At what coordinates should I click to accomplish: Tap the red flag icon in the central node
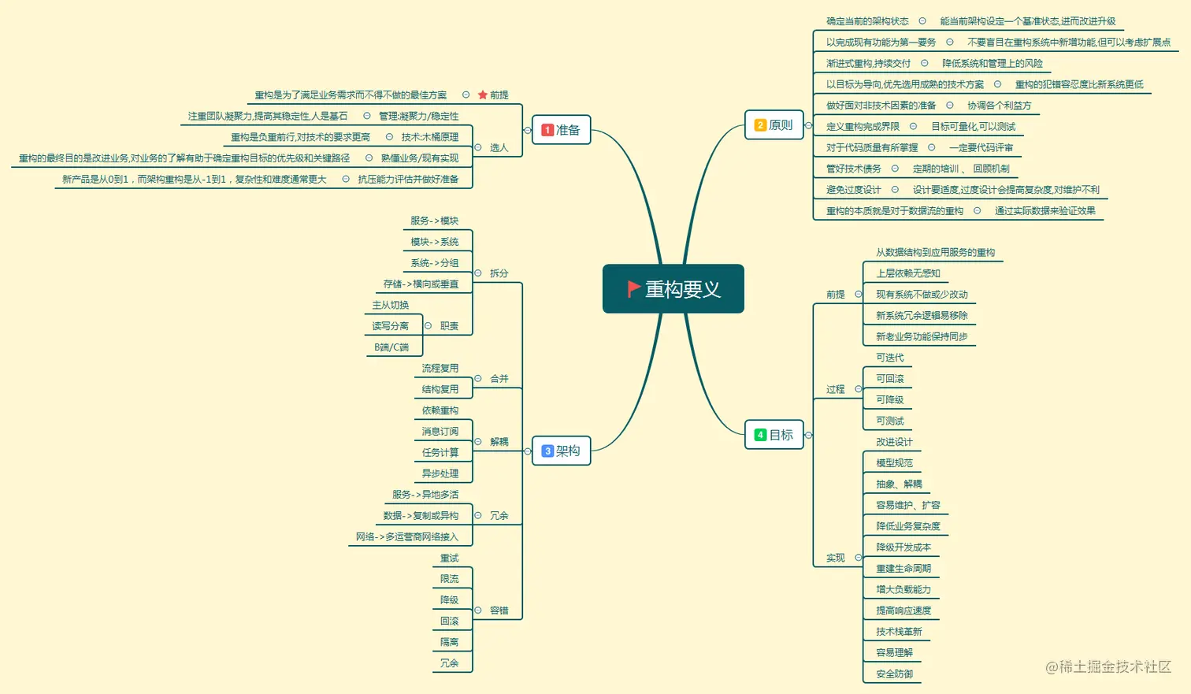click(633, 289)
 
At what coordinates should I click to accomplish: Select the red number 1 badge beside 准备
click(547, 130)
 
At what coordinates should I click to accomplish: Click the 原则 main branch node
click(774, 125)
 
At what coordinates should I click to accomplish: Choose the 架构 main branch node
click(561, 451)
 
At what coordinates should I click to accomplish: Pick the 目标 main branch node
click(774, 435)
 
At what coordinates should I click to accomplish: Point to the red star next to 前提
click(483, 95)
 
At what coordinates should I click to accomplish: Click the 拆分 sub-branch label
click(499, 273)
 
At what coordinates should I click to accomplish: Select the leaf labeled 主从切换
click(391, 305)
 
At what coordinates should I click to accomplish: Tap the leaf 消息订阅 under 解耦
click(440, 432)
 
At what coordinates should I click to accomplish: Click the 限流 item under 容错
click(449, 579)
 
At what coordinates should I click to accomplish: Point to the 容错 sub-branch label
click(499, 610)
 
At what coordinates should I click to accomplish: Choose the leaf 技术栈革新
click(899, 632)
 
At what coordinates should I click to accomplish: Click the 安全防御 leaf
click(894, 674)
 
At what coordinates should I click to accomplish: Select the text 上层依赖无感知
click(908, 273)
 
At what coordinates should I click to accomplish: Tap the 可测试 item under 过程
click(890, 421)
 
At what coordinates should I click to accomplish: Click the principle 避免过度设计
click(853, 190)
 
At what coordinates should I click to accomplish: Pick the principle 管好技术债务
click(853, 169)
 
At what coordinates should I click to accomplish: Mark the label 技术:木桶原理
click(429, 137)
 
